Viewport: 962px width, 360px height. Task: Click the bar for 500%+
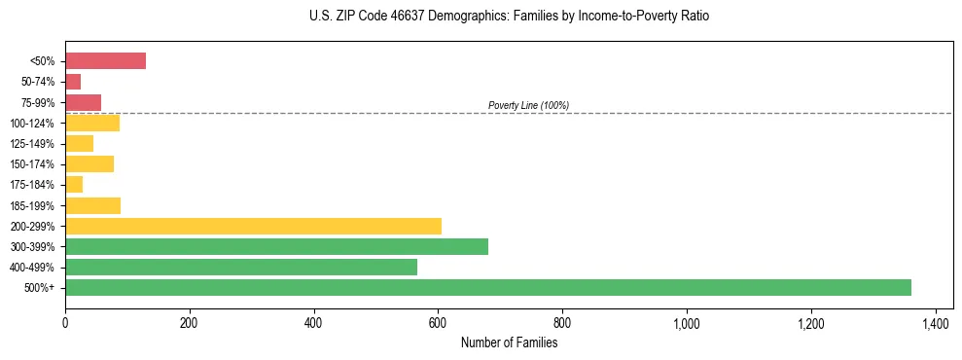pos(487,287)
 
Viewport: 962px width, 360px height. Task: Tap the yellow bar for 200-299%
pos(253,226)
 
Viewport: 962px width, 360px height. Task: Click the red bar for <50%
pos(105,61)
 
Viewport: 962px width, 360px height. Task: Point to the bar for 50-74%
pos(73,82)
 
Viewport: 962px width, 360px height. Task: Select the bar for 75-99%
pos(83,102)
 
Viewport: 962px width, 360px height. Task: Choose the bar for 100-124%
pos(92,123)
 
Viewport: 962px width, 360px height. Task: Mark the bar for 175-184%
pos(74,185)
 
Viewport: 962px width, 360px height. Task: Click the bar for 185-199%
pos(92,205)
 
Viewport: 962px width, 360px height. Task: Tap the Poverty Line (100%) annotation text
pos(528,105)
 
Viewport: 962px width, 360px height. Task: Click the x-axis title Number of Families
pos(509,342)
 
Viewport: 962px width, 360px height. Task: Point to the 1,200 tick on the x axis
pos(810,322)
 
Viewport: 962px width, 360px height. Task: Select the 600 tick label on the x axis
pos(438,322)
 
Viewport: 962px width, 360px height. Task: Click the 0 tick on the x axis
pos(65,322)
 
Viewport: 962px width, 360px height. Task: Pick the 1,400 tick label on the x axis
pos(935,322)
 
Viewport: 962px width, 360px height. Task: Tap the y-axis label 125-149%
pos(34,144)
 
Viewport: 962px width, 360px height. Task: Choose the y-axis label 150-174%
pos(34,164)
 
